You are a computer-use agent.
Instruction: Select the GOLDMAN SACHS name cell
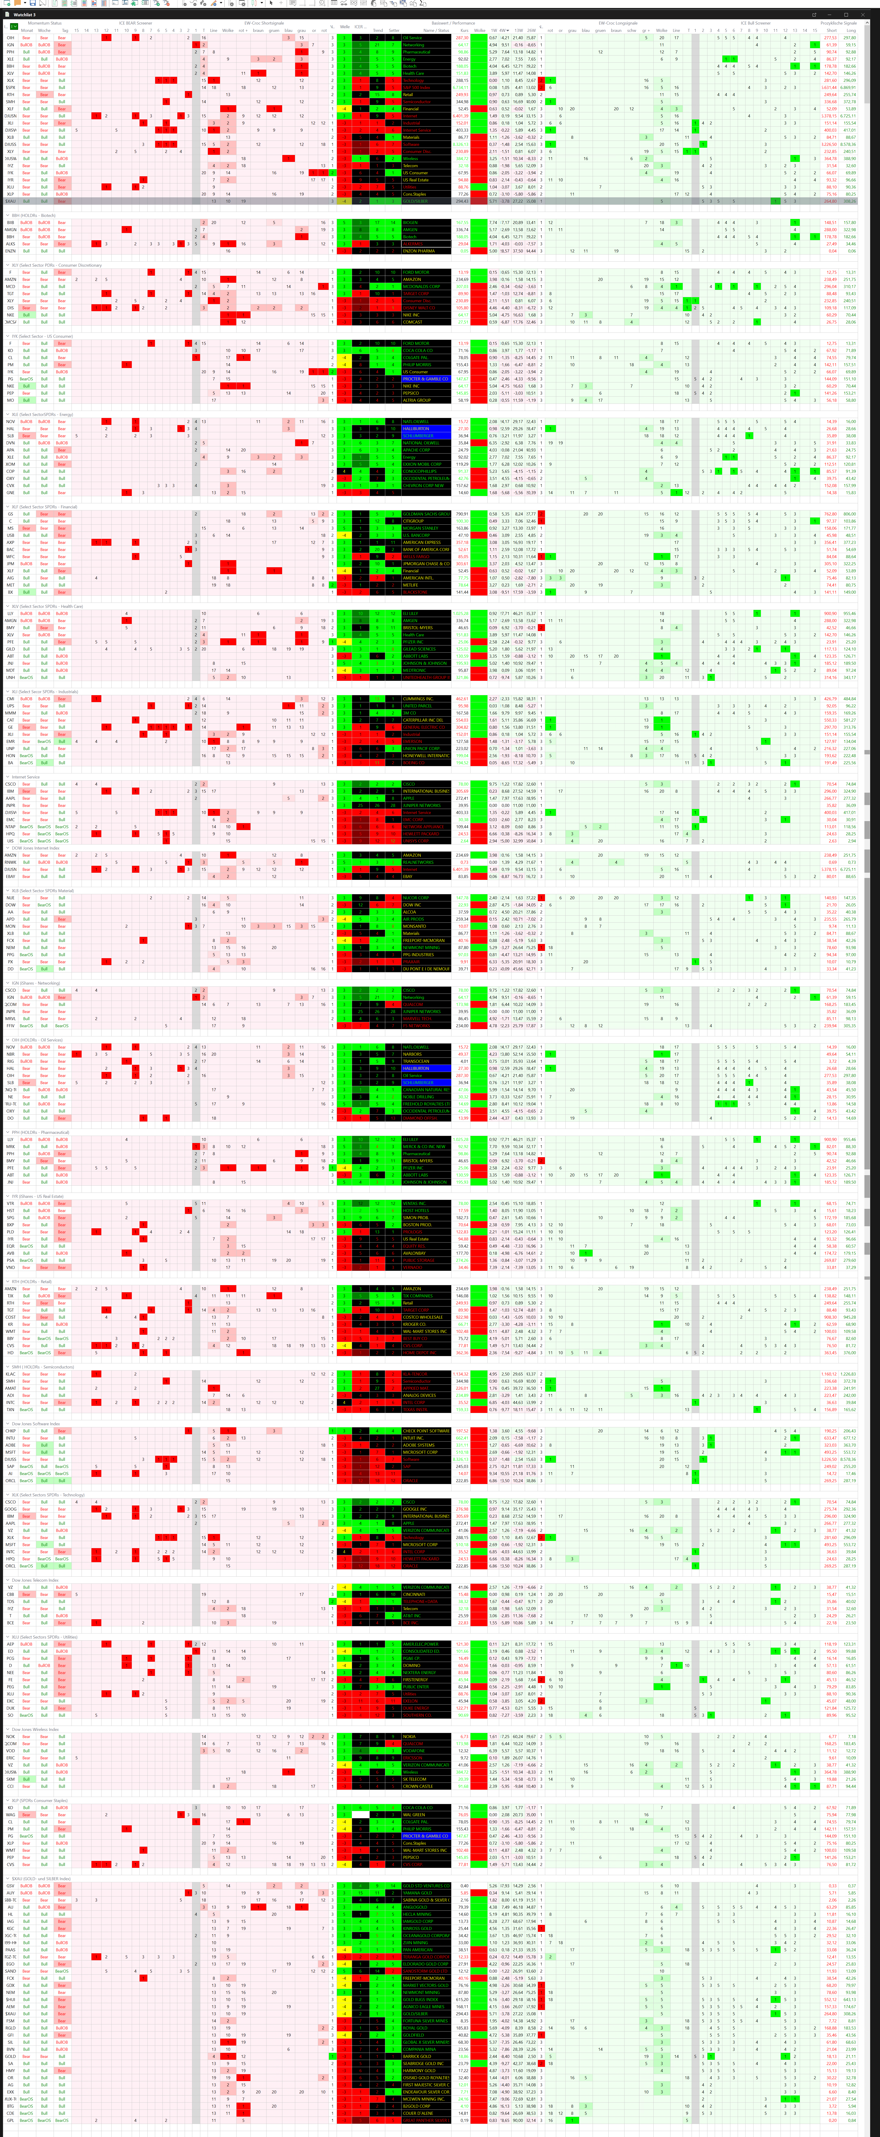point(426,514)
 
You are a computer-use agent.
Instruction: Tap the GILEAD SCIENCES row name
point(426,649)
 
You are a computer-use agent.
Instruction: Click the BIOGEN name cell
point(426,222)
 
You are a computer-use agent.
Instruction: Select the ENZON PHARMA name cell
point(426,251)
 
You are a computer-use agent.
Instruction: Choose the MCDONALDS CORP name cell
point(426,286)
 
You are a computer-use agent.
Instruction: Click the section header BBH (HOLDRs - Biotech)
point(33,215)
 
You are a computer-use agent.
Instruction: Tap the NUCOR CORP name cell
point(426,898)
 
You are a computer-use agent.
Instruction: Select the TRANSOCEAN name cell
point(426,1061)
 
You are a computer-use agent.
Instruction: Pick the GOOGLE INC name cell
point(426,1509)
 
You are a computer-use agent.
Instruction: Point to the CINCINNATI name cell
point(426,1594)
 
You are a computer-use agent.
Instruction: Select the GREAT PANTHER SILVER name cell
point(426,2114)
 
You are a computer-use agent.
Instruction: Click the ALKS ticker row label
point(11,244)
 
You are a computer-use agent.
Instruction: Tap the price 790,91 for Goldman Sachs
point(461,514)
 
